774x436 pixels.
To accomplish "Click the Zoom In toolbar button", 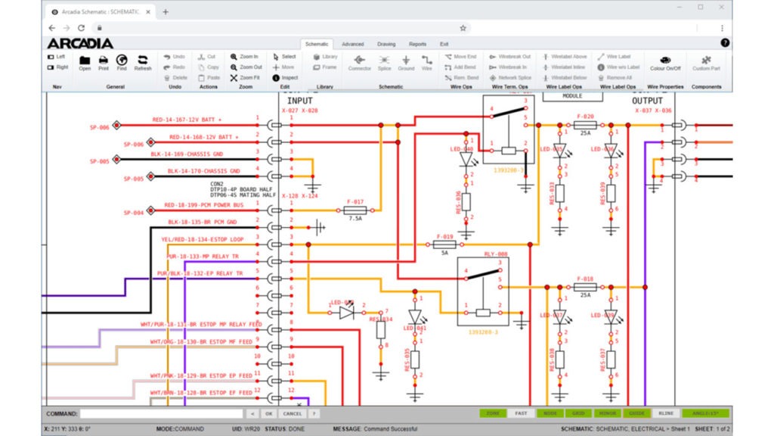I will click(244, 57).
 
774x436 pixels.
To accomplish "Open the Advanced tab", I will click(352, 44).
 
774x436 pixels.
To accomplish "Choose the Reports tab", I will click(417, 44).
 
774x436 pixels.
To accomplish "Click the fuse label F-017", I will click(354, 202).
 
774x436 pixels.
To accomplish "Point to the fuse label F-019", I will click(444, 236).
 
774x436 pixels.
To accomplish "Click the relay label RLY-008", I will click(496, 254).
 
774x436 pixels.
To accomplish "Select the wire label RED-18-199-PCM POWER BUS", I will click(203, 205).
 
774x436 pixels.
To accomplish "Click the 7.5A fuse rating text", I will click(354, 218).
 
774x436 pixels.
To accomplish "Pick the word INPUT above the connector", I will click(299, 101).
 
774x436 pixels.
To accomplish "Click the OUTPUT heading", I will click(647, 101).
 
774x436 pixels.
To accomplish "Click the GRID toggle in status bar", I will click(577, 413).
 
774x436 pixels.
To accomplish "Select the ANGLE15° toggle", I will click(704, 413).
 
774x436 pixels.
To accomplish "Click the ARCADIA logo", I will click(80, 44).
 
